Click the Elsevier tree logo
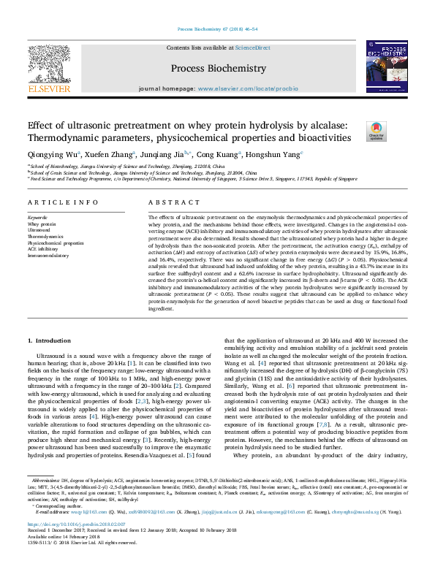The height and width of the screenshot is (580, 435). click(48, 70)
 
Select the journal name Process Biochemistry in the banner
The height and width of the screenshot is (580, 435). click(218, 68)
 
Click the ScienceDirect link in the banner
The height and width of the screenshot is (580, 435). click(253, 47)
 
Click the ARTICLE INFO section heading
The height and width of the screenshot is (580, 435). click(53, 202)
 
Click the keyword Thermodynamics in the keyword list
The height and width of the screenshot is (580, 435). click(45, 237)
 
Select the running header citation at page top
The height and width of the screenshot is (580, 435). click(217, 29)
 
